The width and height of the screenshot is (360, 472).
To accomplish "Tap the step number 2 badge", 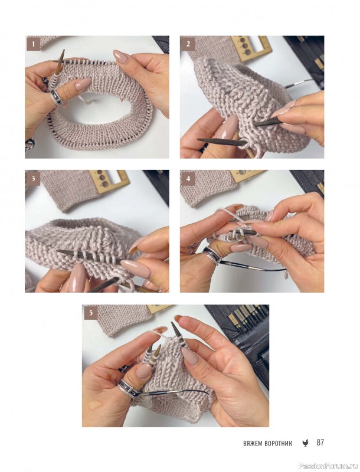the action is point(188,44).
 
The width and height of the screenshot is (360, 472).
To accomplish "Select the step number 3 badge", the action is point(33,178).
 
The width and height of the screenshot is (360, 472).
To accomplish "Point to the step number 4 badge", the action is point(188,178).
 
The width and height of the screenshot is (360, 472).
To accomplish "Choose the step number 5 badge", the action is point(91,313).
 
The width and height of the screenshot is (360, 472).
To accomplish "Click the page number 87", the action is point(320,442).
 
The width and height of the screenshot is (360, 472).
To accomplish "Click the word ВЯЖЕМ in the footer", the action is point(253,444).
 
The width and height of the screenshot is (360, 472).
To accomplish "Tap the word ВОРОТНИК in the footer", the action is point(279,444).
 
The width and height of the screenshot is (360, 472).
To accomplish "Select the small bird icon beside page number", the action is point(306,443).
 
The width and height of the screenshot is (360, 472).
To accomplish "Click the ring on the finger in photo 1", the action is point(57,98).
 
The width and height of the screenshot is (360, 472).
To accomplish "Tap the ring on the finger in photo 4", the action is point(212,255).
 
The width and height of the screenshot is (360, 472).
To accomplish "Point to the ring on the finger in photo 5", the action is point(129,388).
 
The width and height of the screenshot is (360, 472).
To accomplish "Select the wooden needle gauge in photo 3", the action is point(109,181).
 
